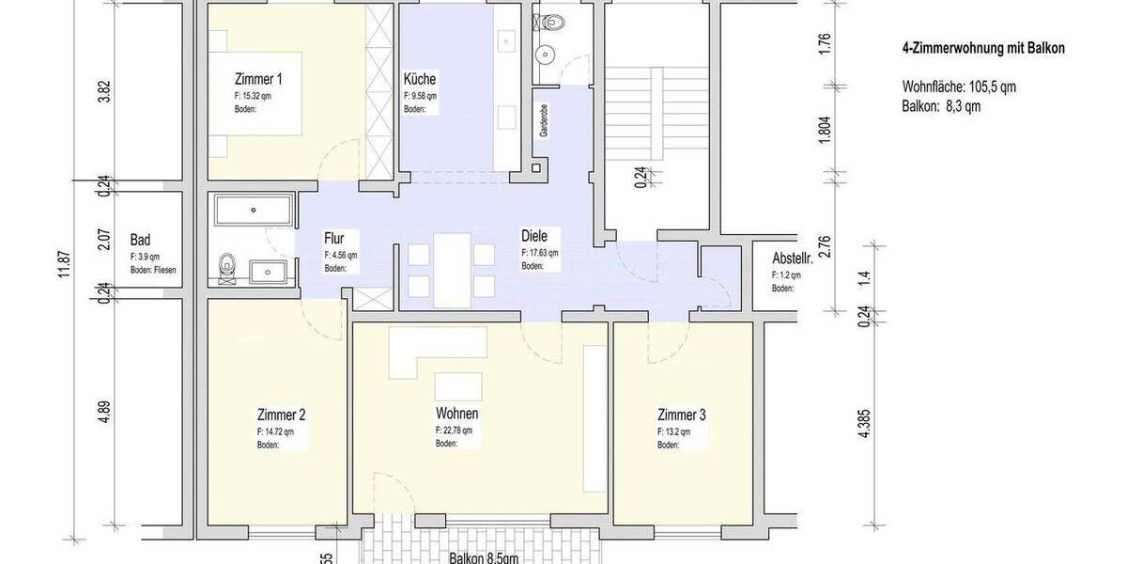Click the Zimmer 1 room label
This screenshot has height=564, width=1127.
(x=257, y=80)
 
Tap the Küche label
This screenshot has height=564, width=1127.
(x=420, y=80)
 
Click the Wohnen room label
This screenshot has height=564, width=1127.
(x=457, y=414)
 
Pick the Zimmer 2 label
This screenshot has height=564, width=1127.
(x=281, y=415)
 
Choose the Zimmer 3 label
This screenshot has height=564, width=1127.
(x=682, y=415)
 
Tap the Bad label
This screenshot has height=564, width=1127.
(x=141, y=240)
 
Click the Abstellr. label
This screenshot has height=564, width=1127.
(x=792, y=258)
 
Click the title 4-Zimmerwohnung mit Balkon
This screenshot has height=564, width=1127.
(x=982, y=49)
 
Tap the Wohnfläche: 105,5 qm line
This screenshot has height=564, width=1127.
(x=959, y=86)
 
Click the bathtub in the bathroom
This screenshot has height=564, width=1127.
(x=254, y=210)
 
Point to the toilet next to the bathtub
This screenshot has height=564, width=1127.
(x=226, y=268)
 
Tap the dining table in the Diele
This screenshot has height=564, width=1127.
(x=452, y=268)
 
